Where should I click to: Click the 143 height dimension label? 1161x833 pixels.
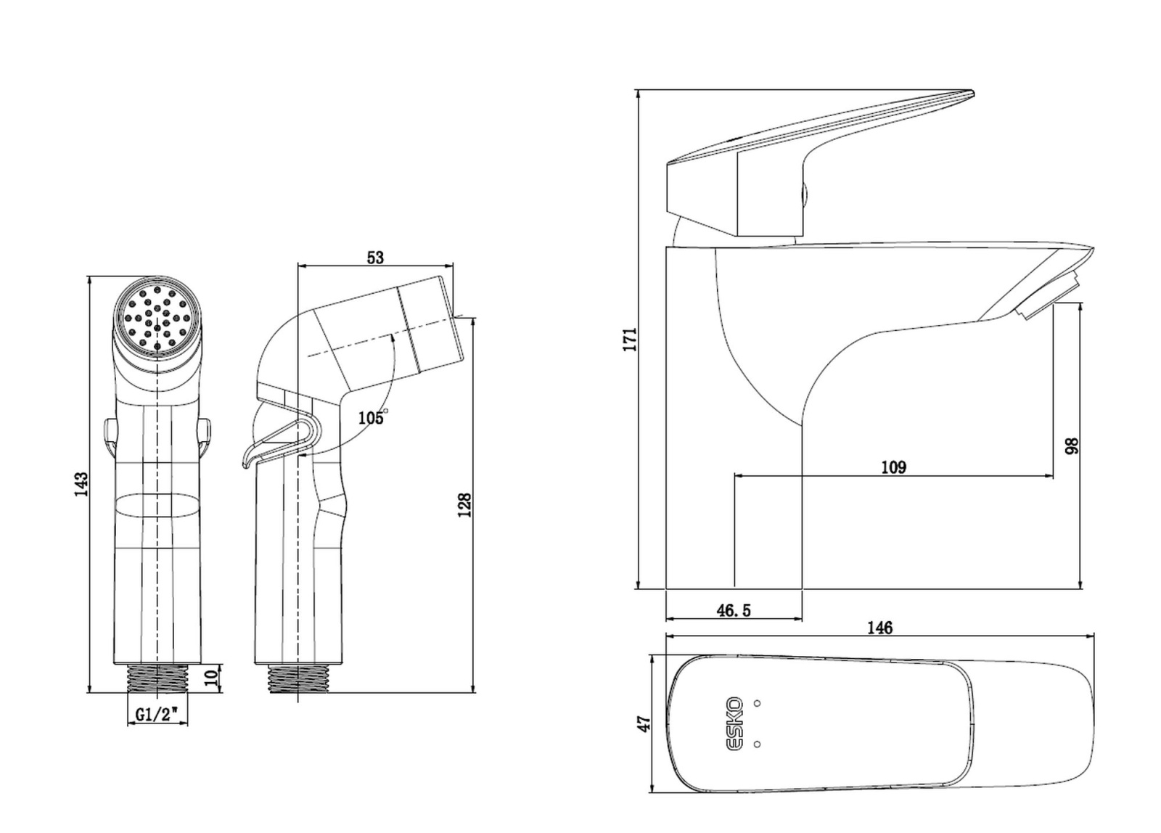[81, 484]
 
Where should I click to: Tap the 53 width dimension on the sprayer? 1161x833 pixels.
[375, 258]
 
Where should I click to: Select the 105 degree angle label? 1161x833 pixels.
[372, 417]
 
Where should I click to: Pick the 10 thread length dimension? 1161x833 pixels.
[210, 678]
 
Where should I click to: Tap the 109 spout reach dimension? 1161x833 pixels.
[893, 467]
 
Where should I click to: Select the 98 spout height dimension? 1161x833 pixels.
[1072, 446]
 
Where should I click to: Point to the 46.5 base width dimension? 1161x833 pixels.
[734, 611]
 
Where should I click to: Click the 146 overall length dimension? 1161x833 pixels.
[880, 628]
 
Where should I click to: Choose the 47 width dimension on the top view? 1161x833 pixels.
[643, 723]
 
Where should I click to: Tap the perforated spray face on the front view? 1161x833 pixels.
[157, 317]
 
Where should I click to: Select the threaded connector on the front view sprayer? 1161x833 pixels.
[157, 678]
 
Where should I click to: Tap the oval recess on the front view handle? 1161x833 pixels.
[157, 506]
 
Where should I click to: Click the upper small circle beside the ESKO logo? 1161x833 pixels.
[758, 703]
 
